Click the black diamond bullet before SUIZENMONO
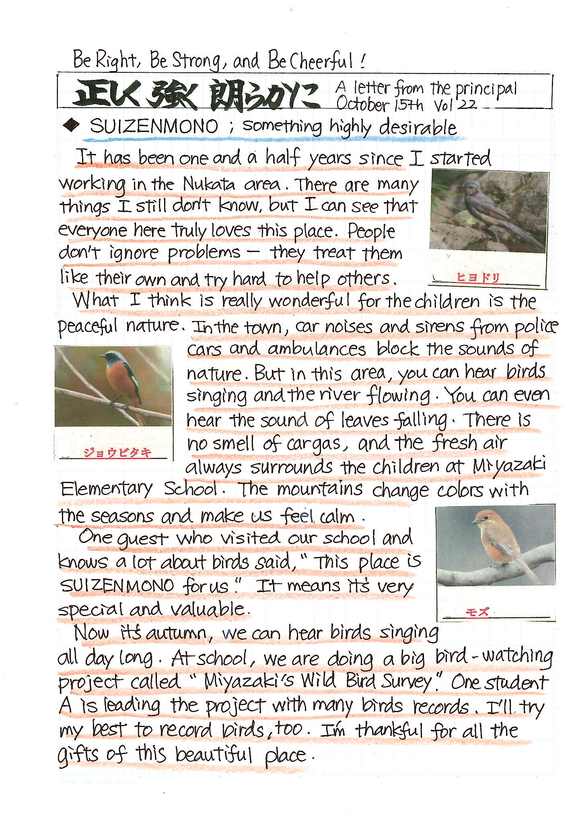pyautogui.click(x=72, y=126)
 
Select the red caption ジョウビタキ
pyautogui.click(x=117, y=453)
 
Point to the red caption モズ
pyautogui.click(x=477, y=612)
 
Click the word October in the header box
pyautogui.click(x=362, y=104)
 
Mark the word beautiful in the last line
pyautogui.click(x=213, y=754)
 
